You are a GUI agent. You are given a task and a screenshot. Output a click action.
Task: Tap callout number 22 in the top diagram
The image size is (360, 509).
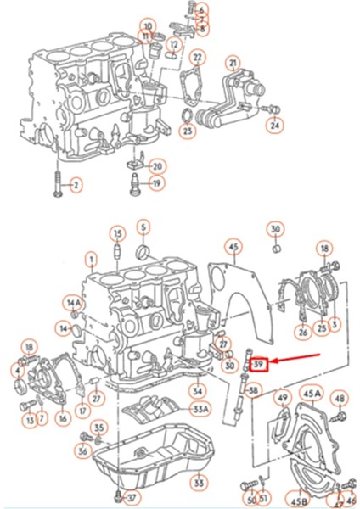pyautogui.click(x=197, y=58)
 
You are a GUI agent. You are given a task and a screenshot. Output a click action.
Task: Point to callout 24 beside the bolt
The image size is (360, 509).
pyautogui.click(x=274, y=126)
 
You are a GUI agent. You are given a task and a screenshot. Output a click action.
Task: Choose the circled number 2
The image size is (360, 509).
pyautogui.click(x=75, y=185)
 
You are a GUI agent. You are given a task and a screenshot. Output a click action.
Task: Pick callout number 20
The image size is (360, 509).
pyautogui.click(x=158, y=165)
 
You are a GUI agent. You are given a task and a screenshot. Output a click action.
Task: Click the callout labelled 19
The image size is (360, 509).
pyautogui.click(x=158, y=183)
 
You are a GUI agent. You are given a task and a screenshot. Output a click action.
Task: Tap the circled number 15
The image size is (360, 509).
pyautogui.click(x=117, y=234)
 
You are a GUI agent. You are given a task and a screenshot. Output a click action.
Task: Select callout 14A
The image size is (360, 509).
pyautogui.click(x=74, y=303)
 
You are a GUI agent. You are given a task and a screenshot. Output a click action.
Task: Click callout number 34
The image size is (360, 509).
pyautogui.click(x=197, y=391)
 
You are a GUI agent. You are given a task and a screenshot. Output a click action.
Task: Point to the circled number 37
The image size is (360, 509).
pyautogui.click(x=130, y=496)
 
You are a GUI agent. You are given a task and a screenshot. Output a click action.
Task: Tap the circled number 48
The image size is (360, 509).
pyautogui.click(x=340, y=398)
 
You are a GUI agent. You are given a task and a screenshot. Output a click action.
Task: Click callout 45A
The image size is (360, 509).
pyautogui.click(x=312, y=394)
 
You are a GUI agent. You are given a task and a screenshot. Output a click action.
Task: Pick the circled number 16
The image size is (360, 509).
pyautogui.click(x=62, y=418)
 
